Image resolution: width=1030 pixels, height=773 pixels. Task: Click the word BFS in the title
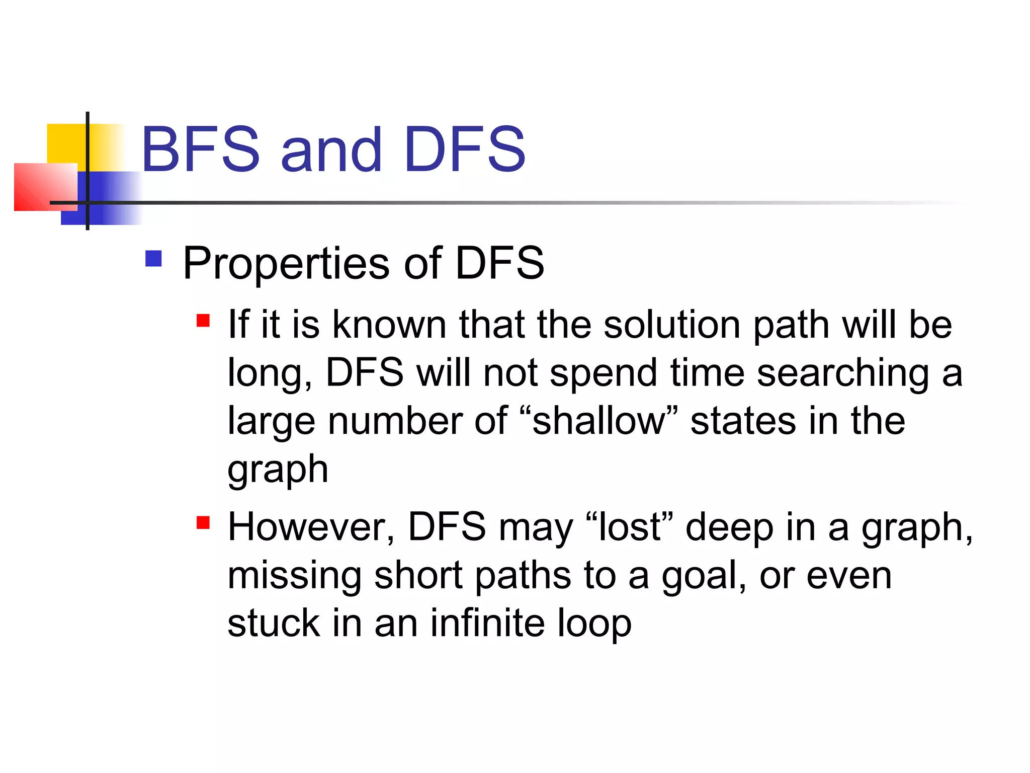(x=201, y=149)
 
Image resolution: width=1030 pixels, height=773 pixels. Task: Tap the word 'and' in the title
(x=331, y=150)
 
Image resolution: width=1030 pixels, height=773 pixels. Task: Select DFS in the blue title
(x=464, y=149)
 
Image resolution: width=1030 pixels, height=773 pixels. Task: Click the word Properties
(x=286, y=264)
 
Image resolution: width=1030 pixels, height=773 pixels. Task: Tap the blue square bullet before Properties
(x=153, y=259)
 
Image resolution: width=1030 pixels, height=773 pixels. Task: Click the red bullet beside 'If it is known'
(x=203, y=321)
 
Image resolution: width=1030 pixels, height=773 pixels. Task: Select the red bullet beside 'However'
(x=203, y=523)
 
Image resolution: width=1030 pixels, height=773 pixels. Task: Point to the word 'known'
(x=389, y=325)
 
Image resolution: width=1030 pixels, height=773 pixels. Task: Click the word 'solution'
(x=672, y=325)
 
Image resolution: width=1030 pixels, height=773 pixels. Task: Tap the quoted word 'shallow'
(x=598, y=421)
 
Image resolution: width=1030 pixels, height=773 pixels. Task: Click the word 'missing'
(x=294, y=577)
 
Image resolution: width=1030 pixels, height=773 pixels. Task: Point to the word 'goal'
(x=703, y=577)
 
